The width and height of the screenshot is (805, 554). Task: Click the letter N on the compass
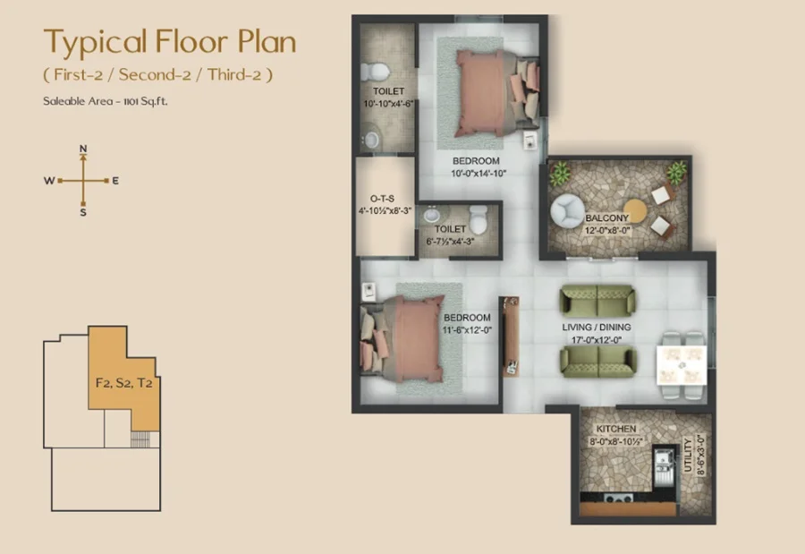[83, 149]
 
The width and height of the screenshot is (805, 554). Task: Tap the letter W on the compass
[49, 181]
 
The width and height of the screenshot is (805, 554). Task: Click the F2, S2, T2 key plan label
[123, 383]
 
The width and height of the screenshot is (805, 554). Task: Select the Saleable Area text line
[106, 101]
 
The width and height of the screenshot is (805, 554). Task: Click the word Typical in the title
[96, 43]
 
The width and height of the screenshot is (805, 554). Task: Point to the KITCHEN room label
[616, 429]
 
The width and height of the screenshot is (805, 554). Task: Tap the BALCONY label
[606, 217]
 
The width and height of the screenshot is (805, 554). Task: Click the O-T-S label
[383, 199]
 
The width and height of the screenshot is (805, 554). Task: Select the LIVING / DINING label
[597, 327]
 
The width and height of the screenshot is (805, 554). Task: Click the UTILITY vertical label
[688, 456]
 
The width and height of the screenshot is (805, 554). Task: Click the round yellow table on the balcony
[634, 211]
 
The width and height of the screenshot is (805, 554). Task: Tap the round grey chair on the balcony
[567, 211]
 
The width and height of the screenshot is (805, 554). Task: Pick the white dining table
[682, 365]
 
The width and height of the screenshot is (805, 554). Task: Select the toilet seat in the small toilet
[478, 219]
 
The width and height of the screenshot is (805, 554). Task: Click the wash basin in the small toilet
[432, 214]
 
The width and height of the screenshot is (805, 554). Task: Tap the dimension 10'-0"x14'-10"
[479, 174]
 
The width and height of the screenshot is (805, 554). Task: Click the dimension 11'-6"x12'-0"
[467, 330]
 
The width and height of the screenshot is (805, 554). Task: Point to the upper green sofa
[597, 299]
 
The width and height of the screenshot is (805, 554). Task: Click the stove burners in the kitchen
[616, 498]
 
